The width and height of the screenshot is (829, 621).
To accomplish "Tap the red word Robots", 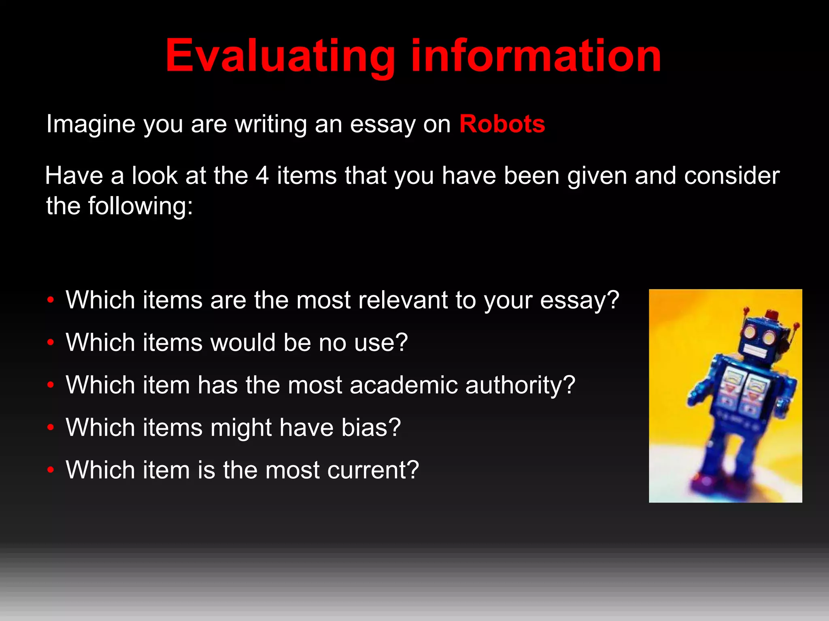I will pyautogui.click(x=502, y=124).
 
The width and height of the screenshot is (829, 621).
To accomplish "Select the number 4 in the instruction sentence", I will pyautogui.click(x=262, y=176).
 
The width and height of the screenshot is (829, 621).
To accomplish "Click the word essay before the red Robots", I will pyautogui.click(x=383, y=125).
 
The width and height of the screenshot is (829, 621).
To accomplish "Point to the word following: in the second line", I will pyautogui.click(x=140, y=206).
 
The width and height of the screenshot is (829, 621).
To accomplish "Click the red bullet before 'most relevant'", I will pyautogui.click(x=51, y=300).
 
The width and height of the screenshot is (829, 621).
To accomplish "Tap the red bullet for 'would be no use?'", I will pyautogui.click(x=51, y=343).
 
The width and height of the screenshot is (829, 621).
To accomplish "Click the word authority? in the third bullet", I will pyautogui.click(x=520, y=385).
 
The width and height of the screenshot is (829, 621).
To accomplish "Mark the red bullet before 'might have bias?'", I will pyautogui.click(x=51, y=427).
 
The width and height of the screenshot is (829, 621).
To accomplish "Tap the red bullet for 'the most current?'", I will pyautogui.click(x=51, y=470).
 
